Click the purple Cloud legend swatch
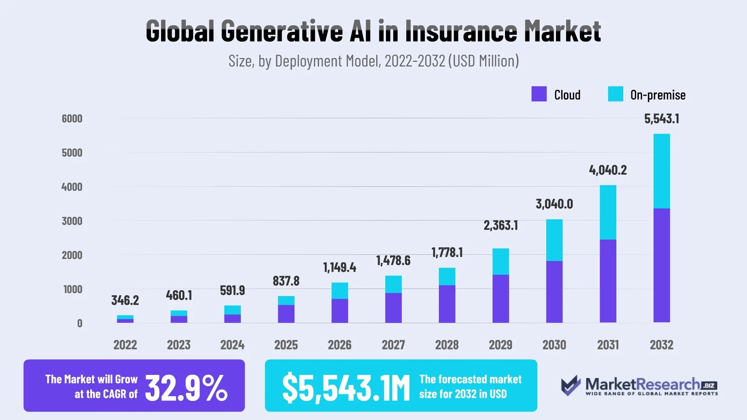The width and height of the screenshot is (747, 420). [539, 94]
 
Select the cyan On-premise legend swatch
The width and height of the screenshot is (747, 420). [615, 94]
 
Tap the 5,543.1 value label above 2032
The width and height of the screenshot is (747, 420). [662, 119]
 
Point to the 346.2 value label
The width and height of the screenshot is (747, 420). [125, 300]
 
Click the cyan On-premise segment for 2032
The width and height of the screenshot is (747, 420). [662, 171]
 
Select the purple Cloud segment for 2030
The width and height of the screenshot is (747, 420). [554, 292]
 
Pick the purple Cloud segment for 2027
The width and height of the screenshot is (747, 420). [393, 308]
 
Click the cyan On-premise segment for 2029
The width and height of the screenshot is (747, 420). [501, 262]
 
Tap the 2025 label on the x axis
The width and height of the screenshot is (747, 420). [286, 345]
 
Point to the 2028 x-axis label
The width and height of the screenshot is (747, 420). [447, 345]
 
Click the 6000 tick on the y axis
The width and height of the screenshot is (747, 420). [72, 119]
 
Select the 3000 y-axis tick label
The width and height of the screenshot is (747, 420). [72, 221]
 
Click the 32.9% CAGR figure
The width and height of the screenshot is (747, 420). [186, 387]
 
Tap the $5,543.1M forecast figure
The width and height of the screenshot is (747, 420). [346, 387]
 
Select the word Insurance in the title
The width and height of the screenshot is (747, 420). [461, 31]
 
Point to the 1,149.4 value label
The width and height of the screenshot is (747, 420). [340, 268]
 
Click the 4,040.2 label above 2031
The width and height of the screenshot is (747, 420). [608, 170]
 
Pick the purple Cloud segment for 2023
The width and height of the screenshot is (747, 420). [179, 319]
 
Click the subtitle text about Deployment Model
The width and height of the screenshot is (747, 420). [373, 61]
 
